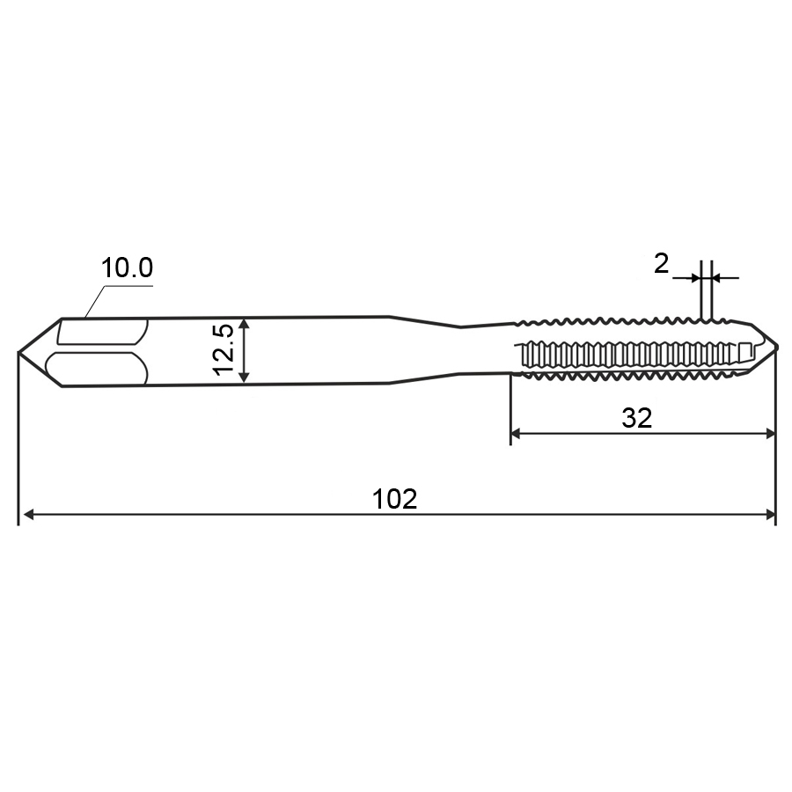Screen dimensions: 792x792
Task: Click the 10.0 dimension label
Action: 127,268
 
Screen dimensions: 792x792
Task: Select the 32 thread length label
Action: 637,419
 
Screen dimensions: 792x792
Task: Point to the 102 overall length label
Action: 395,499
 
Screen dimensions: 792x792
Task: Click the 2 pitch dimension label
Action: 661,264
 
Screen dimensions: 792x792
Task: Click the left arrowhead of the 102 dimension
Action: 29,515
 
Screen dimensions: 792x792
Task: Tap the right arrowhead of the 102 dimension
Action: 770,515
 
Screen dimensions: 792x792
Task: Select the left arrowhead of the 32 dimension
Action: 517,433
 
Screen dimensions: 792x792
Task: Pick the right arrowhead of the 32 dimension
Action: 770,433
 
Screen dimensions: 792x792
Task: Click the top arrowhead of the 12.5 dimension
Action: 244,324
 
